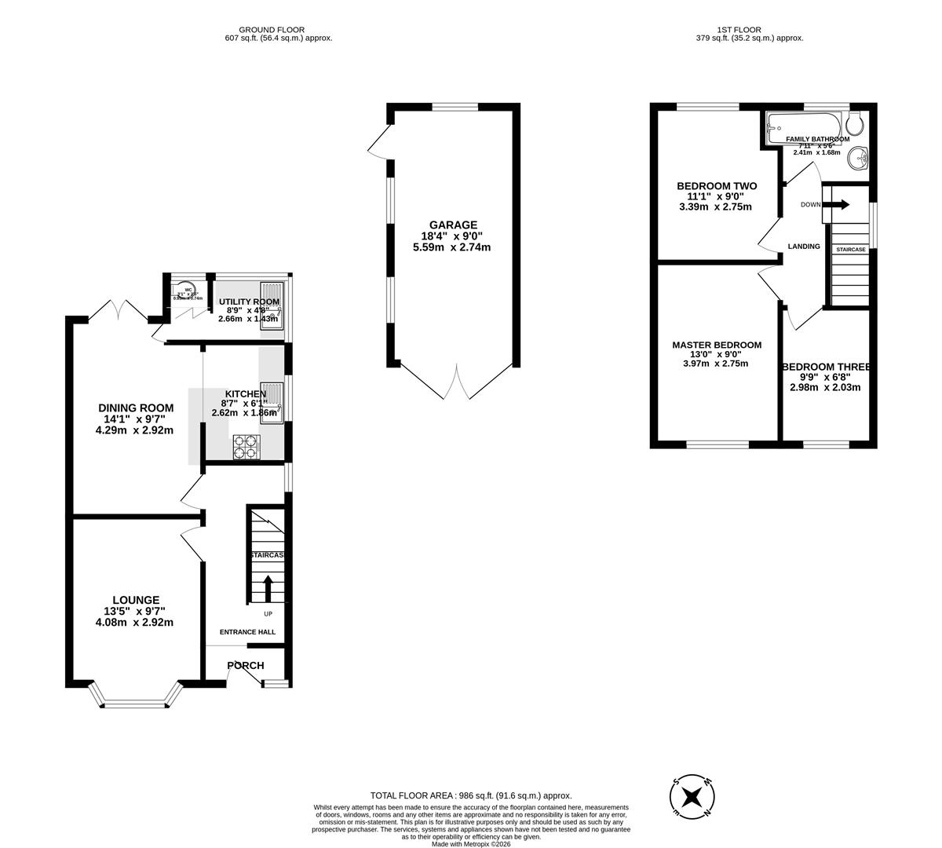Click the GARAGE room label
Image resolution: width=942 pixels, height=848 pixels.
click(452, 225)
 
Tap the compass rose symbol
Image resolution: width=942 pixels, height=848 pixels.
click(692, 796)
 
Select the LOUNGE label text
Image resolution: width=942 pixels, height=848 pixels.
click(134, 600)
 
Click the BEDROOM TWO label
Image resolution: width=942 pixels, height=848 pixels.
click(717, 186)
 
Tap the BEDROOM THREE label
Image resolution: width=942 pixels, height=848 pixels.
click(826, 367)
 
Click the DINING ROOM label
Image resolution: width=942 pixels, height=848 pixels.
click(135, 408)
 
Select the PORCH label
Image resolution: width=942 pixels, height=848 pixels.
click(246, 666)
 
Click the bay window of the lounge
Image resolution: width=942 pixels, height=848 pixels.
click(136, 700)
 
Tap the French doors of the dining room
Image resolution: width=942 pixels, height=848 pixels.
click(119, 311)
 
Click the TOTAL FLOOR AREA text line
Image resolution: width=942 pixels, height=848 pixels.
click(471, 796)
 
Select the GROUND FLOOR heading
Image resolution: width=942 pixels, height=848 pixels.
click(272, 30)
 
